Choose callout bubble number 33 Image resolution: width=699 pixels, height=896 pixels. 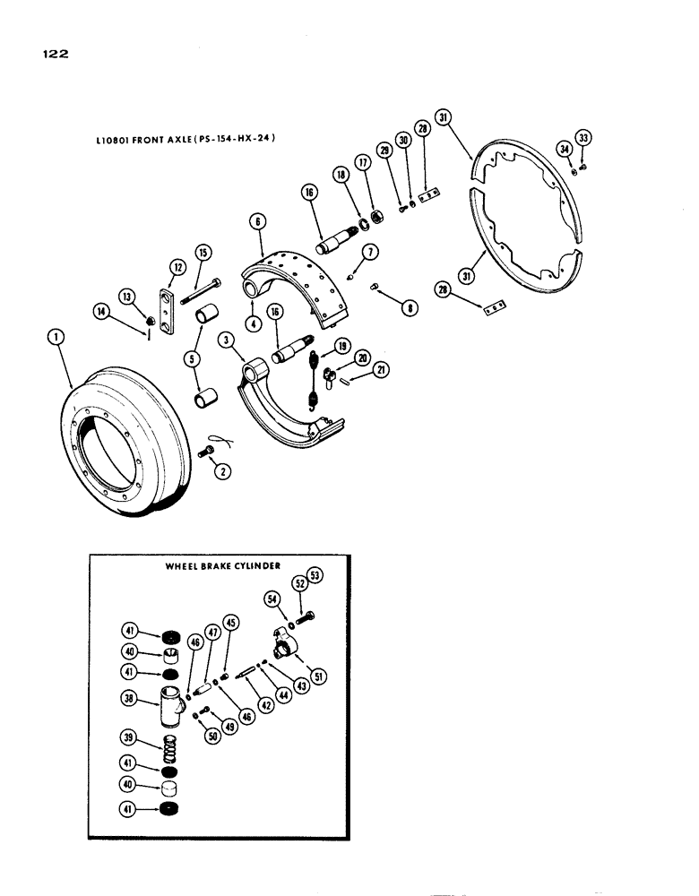pyautogui.click(x=584, y=138)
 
